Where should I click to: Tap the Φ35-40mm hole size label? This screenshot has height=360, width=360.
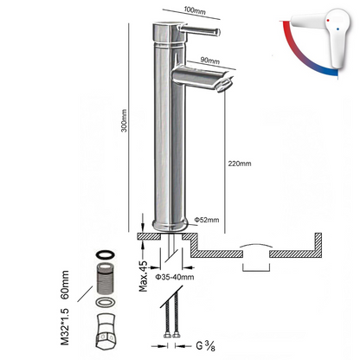coord(177,277)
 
